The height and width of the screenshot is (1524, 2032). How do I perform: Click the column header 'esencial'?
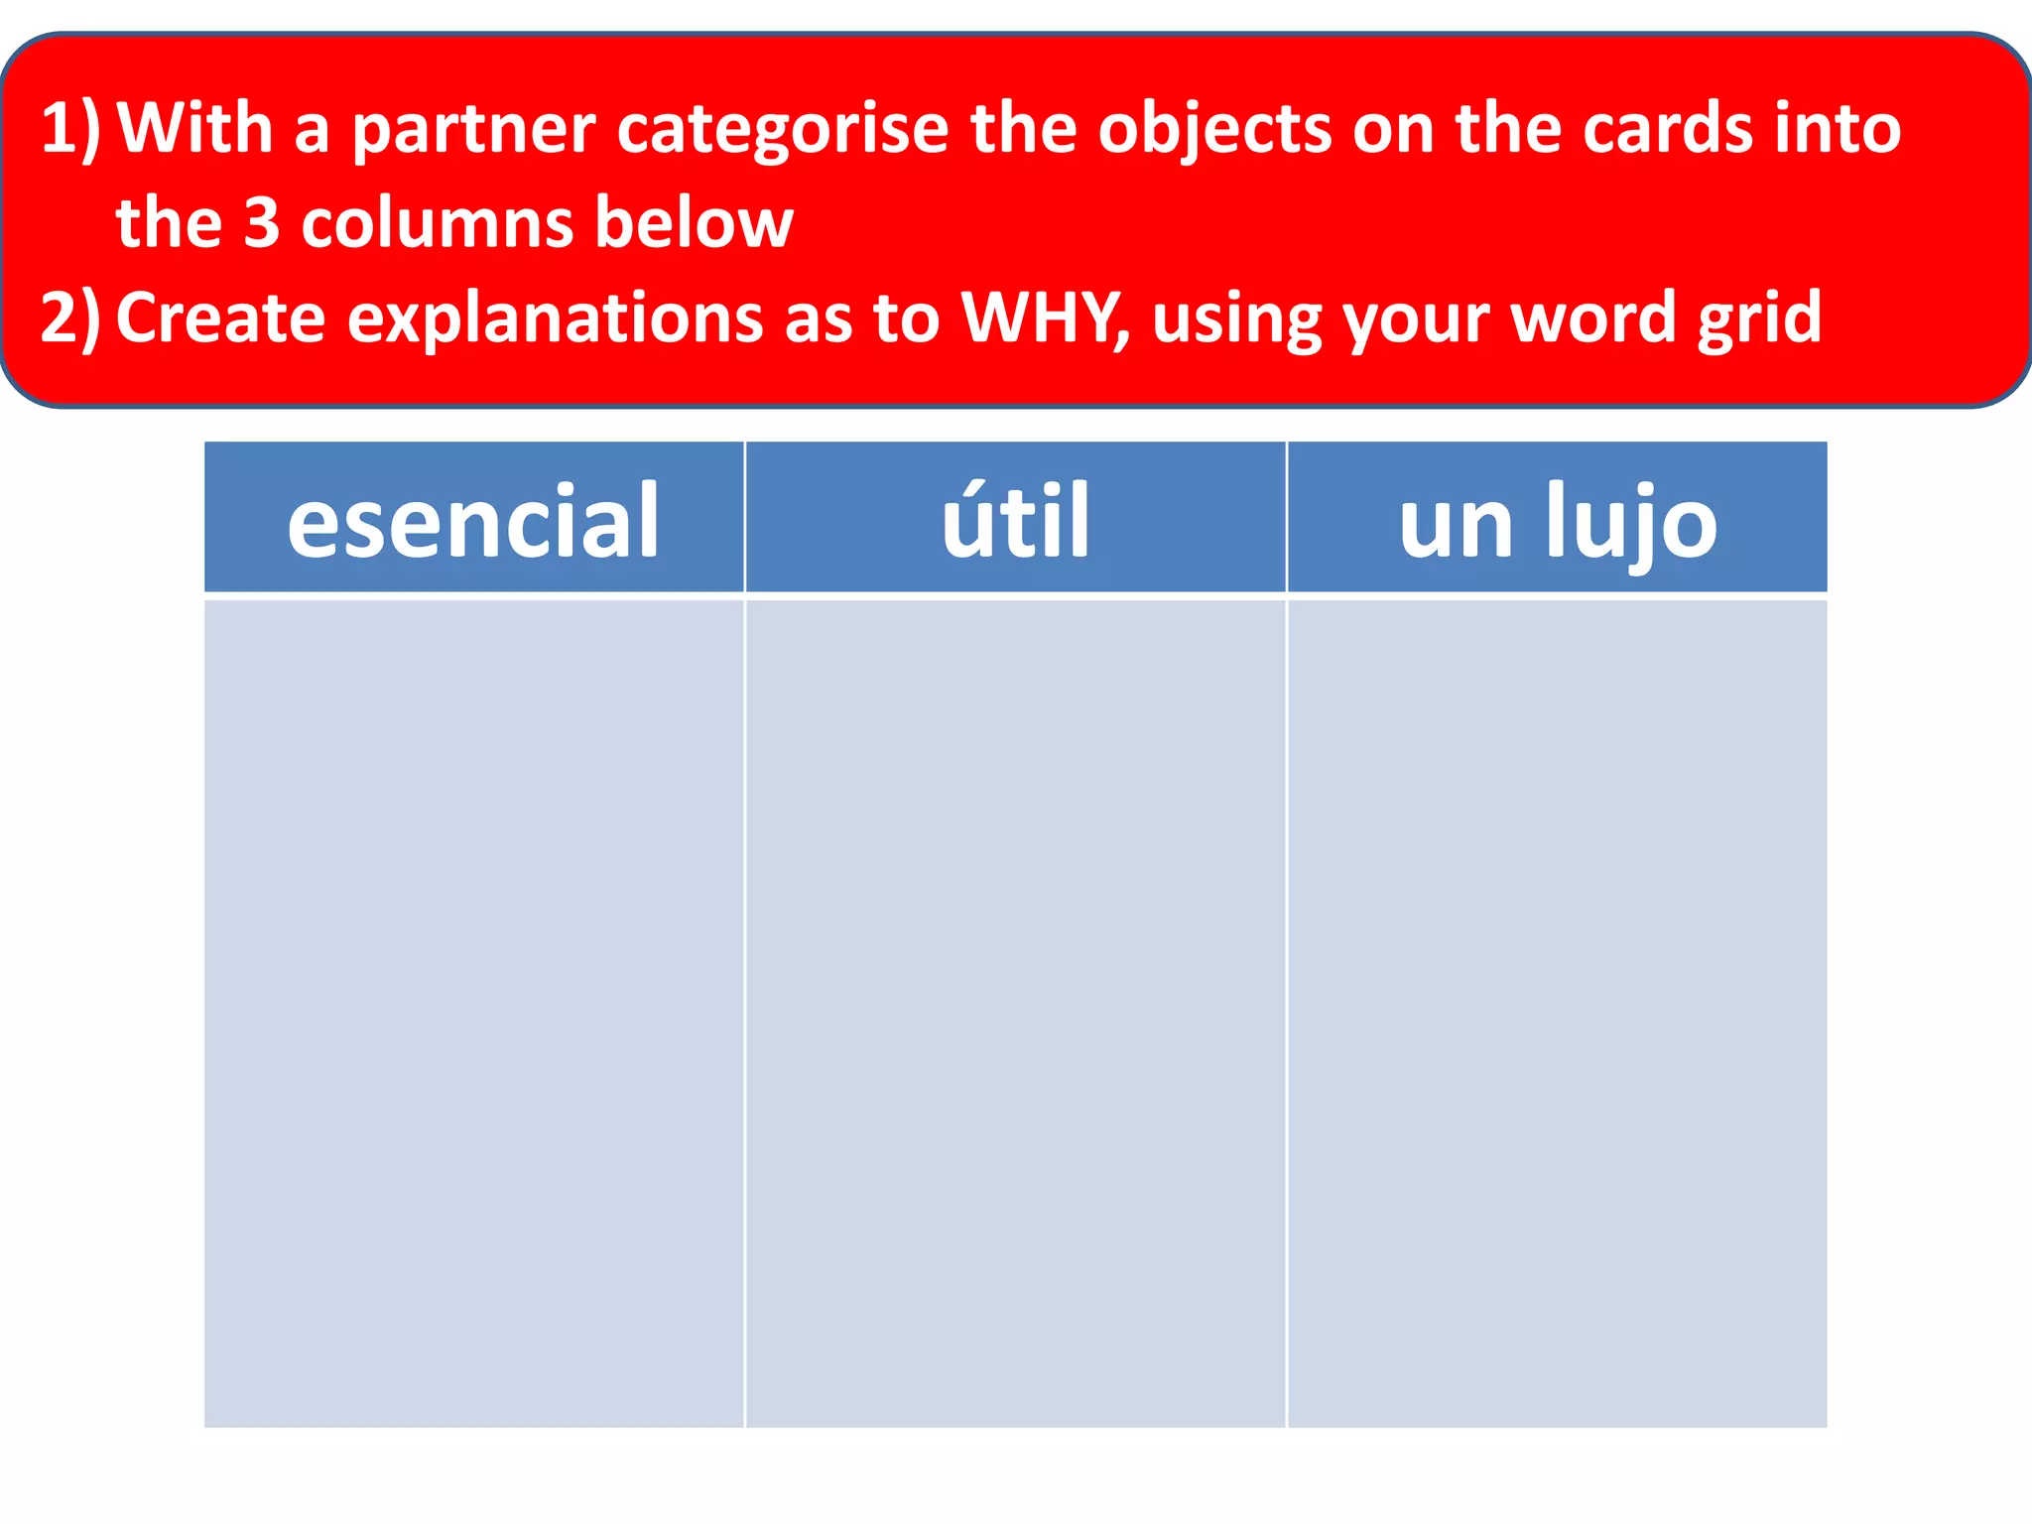tap(473, 518)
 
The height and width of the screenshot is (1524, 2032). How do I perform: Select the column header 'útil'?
tap(1015, 518)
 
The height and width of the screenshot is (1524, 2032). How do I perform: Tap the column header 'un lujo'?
tap(1557, 520)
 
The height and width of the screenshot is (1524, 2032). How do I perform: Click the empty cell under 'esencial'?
tap(473, 1012)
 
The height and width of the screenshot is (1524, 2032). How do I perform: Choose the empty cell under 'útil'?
tap(1015, 1012)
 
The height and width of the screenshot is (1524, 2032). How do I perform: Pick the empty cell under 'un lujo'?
tap(1557, 1012)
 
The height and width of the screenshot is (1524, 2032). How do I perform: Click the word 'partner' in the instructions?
tap(473, 129)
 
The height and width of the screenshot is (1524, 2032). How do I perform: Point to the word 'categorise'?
tap(782, 129)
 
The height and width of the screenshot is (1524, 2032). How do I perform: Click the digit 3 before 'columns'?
tap(262, 222)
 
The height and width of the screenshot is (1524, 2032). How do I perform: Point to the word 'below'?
tap(694, 222)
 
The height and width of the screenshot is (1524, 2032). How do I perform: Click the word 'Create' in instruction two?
tap(220, 317)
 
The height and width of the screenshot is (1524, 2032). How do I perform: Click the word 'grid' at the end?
tap(1759, 317)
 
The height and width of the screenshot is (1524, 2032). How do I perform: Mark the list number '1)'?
tap(69, 129)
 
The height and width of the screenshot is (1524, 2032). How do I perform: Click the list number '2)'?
tap(69, 317)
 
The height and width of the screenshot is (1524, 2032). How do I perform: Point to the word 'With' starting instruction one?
tap(194, 129)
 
